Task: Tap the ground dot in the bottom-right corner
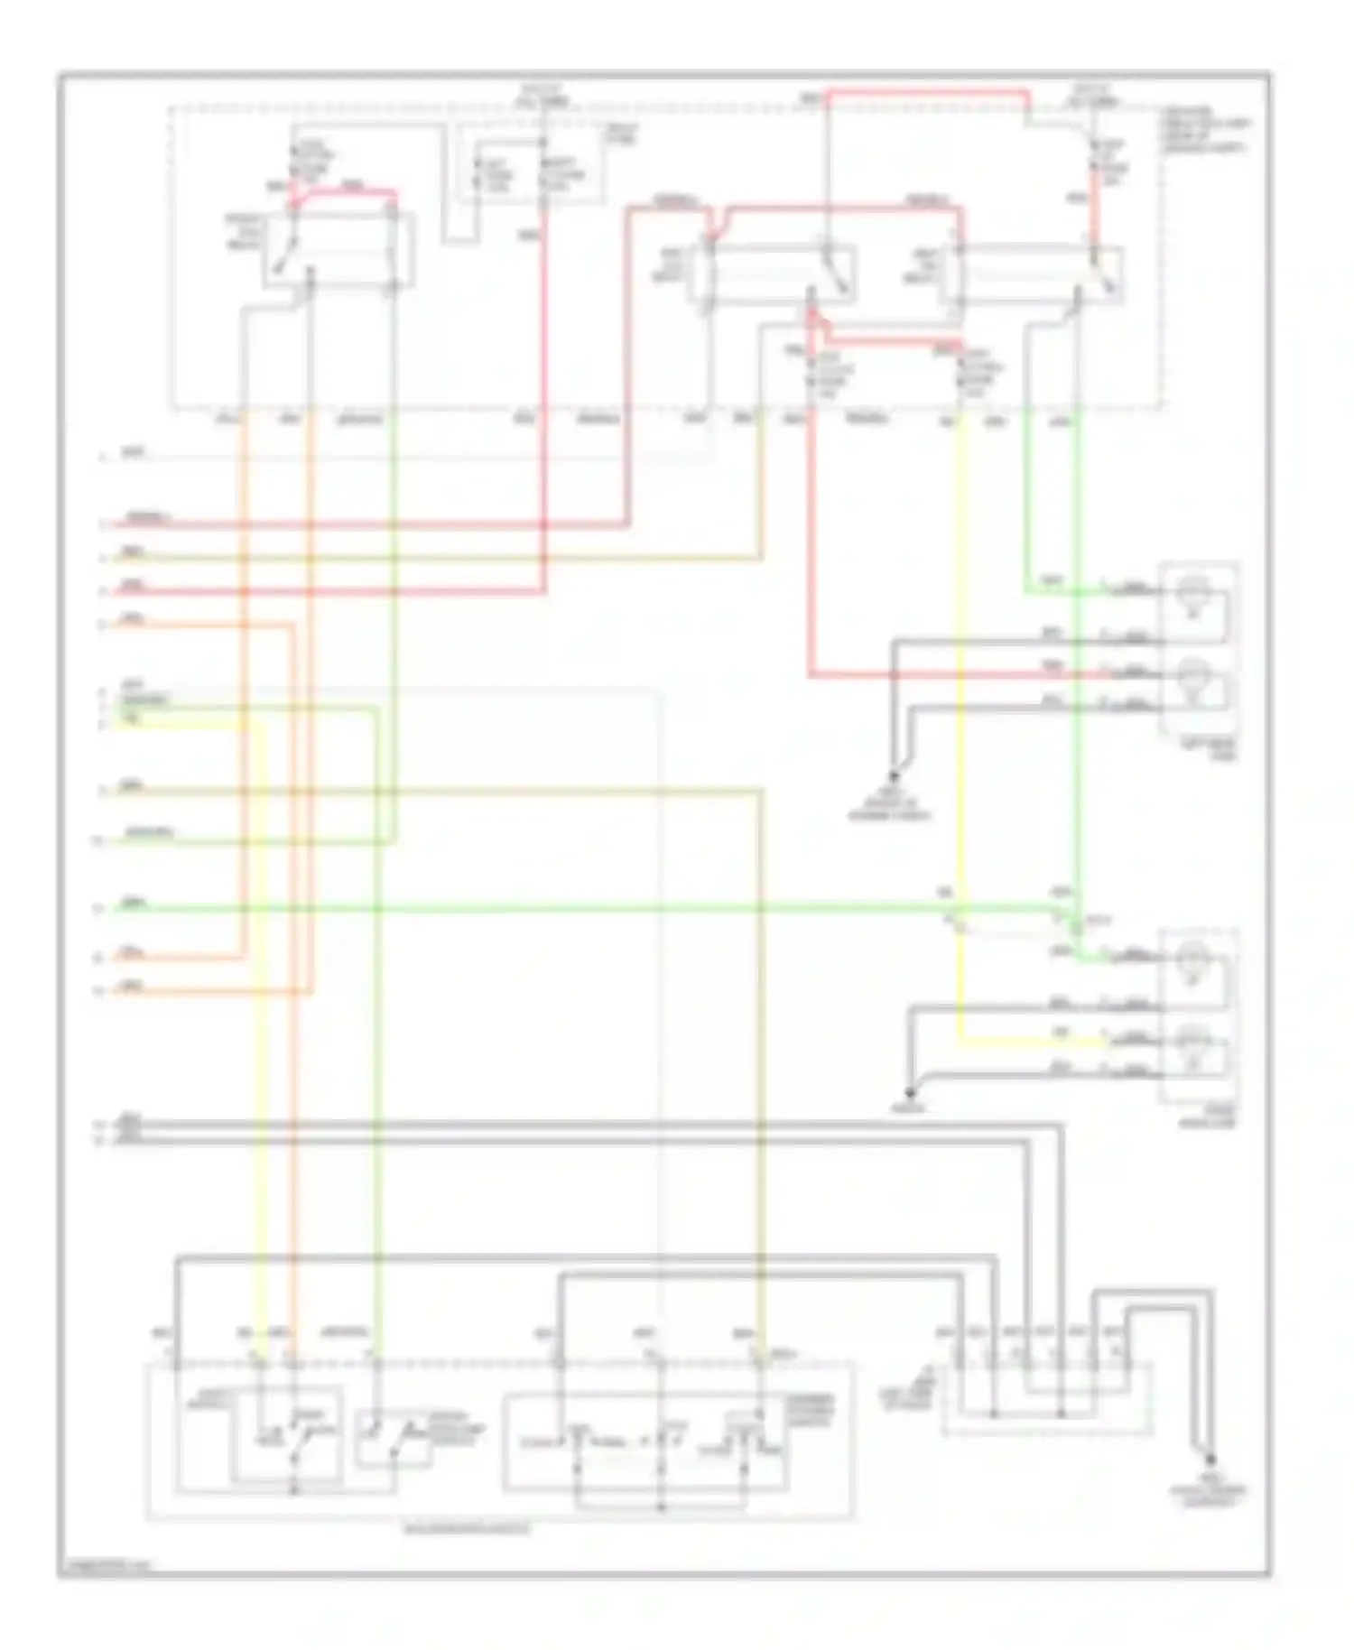pyautogui.click(x=1210, y=1460)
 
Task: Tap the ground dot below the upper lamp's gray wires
pyautogui.click(x=895, y=776)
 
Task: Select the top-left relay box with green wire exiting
pyautogui.click(x=338, y=250)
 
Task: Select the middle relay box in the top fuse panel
pyautogui.click(x=774, y=275)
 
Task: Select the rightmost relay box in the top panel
pyautogui.click(x=1031, y=275)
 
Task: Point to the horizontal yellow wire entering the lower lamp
pyautogui.click(x=1029, y=1042)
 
